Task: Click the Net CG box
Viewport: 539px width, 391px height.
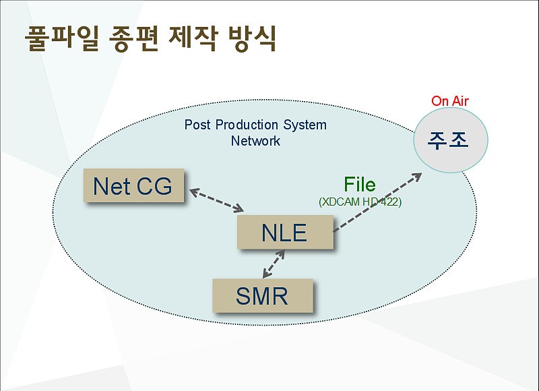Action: click(133, 185)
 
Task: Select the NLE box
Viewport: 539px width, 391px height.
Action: click(285, 232)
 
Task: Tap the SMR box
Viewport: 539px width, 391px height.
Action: click(263, 296)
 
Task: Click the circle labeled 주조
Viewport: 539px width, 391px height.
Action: click(450, 140)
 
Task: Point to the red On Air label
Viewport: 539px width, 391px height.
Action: click(450, 100)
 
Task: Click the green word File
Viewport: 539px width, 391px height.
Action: click(360, 184)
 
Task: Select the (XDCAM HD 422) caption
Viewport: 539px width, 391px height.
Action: click(360, 202)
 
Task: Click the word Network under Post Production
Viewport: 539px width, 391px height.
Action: click(255, 141)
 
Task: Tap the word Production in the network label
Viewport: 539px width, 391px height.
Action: click(247, 125)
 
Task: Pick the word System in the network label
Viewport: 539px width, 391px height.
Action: click(305, 125)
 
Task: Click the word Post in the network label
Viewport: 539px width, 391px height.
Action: click(197, 125)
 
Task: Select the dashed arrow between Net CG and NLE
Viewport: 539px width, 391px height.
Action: click(216, 200)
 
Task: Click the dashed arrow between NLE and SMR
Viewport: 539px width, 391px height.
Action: click(274, 264)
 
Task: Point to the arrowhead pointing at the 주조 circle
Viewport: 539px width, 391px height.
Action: click(417, 177)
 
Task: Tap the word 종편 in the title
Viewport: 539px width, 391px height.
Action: click(133, 38)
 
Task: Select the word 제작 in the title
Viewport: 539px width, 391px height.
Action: click(193, 38)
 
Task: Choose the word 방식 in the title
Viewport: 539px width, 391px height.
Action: click(252, 38)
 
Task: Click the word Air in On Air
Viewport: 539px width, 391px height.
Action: click(460, 100)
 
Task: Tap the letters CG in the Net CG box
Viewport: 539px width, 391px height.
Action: click(154, 186)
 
